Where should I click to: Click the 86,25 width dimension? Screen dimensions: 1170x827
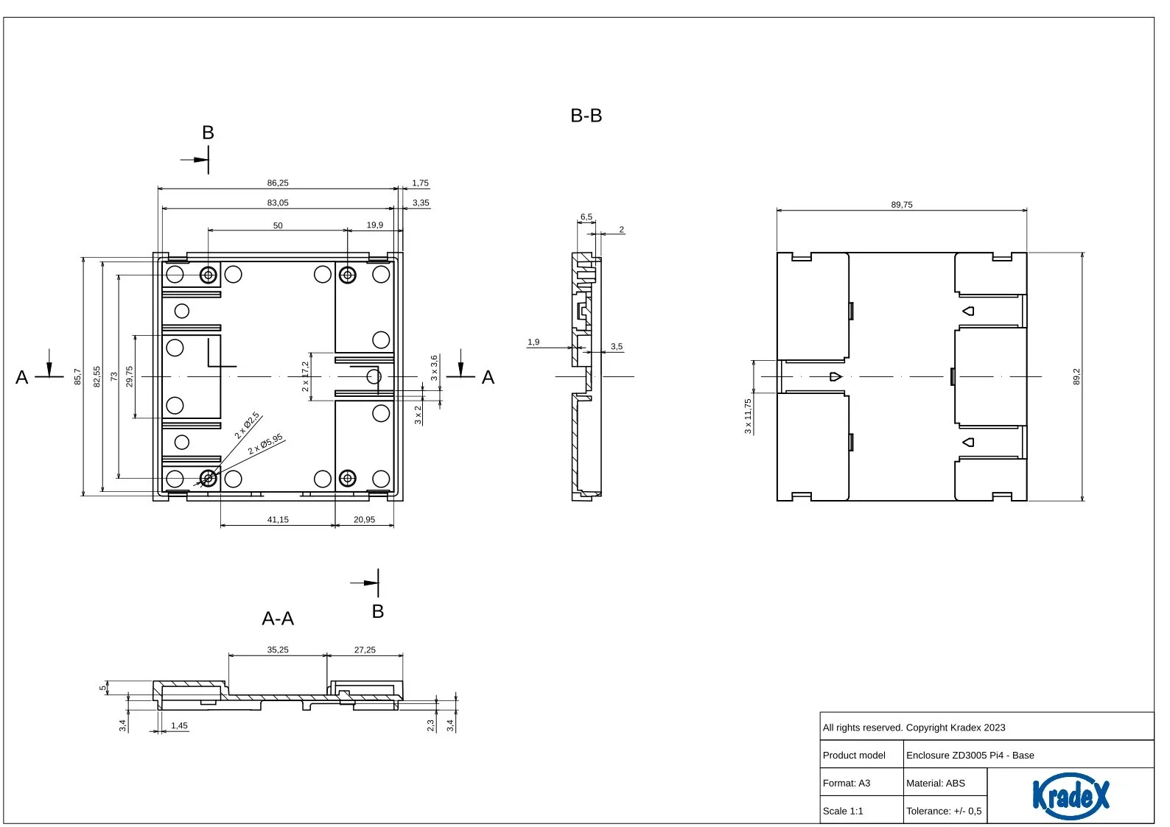tap(277, 183)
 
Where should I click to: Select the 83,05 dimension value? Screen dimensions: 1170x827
tap(277, 203)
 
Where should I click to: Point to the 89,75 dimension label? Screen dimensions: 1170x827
tap(902, 205)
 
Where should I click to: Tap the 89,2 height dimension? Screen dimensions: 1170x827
tap(1076, 376)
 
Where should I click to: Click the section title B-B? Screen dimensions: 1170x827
tap(586, 116)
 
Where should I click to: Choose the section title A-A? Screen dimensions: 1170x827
tap(278, 618)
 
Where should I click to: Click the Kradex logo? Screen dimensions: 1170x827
tap(1071, 795)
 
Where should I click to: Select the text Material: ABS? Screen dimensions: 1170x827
tap(936, 783)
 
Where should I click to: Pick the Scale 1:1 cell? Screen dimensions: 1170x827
tap(843, 811)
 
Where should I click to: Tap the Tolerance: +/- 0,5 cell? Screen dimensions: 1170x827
tap(944, 811)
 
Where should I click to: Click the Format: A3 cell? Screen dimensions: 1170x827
tap(846, 783)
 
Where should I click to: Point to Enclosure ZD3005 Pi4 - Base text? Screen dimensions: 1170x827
tap(970, 755)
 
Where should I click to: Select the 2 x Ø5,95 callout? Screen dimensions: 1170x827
tap(265, 444)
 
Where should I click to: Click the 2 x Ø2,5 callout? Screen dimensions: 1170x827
tap(247, 425)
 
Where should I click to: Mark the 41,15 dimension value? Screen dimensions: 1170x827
tap(277, 519)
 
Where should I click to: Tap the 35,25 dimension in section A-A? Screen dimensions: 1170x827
tap(277, 650)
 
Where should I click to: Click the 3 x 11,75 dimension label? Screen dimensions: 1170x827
tap(748, 416)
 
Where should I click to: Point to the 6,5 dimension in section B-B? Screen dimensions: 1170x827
tap(586, 217)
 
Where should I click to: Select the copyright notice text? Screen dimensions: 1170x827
tap(914, 728)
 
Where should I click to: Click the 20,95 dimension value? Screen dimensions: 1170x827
tap(364, 519)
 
